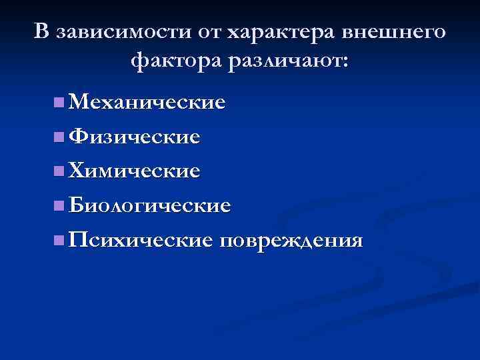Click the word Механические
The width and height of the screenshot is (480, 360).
point(147,103)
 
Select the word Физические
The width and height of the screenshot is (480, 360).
point(134,137)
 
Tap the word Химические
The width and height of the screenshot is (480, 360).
point(134,171)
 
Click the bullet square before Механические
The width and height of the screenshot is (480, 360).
point(60,103)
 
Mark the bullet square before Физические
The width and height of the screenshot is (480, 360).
point(60,138)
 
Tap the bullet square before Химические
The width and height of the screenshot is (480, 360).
point(60,172)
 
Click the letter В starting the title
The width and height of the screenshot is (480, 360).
point(42,32)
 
